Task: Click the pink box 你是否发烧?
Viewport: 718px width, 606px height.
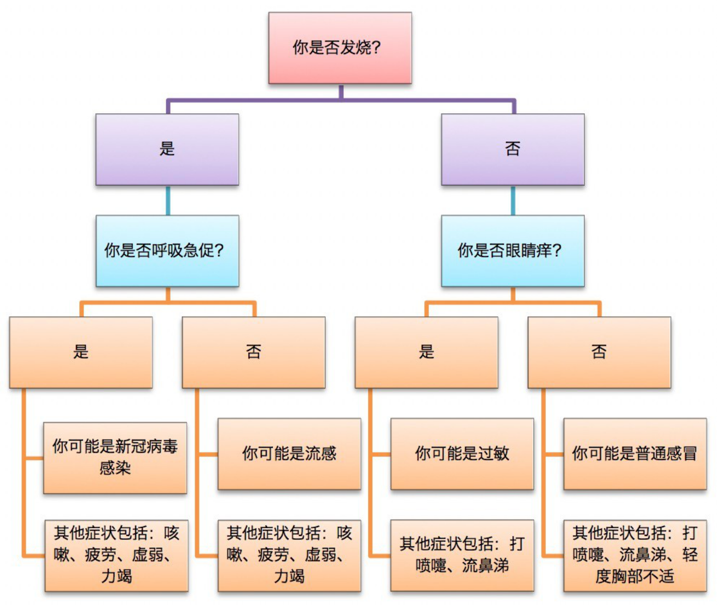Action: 340,48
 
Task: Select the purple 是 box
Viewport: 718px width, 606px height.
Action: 167,149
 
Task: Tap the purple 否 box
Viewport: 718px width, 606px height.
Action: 512,149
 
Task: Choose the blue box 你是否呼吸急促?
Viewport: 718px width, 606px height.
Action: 167,251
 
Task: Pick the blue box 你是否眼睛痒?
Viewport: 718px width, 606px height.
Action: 512,251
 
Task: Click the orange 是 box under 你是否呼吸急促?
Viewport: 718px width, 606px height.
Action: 81,352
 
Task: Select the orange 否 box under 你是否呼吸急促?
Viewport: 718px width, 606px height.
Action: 253,352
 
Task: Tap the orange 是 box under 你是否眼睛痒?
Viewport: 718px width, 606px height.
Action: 426,352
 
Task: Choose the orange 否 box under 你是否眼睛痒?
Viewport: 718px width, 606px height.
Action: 599,352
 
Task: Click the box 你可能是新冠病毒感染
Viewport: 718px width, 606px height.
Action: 115,457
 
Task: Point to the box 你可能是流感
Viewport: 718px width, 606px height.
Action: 289,454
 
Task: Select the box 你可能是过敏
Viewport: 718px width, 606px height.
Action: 462,454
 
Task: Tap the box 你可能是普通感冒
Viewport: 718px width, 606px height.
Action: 635,454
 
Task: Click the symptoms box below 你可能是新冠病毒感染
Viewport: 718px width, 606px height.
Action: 116,555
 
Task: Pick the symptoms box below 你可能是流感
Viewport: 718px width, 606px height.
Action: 289,555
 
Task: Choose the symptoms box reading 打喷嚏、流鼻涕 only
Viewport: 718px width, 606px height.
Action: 462,555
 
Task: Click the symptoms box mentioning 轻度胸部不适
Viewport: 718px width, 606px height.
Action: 635,555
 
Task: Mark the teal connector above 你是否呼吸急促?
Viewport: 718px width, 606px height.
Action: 167,200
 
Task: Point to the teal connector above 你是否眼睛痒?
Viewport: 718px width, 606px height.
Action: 512,200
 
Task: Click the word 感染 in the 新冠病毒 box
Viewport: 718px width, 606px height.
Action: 115,469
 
